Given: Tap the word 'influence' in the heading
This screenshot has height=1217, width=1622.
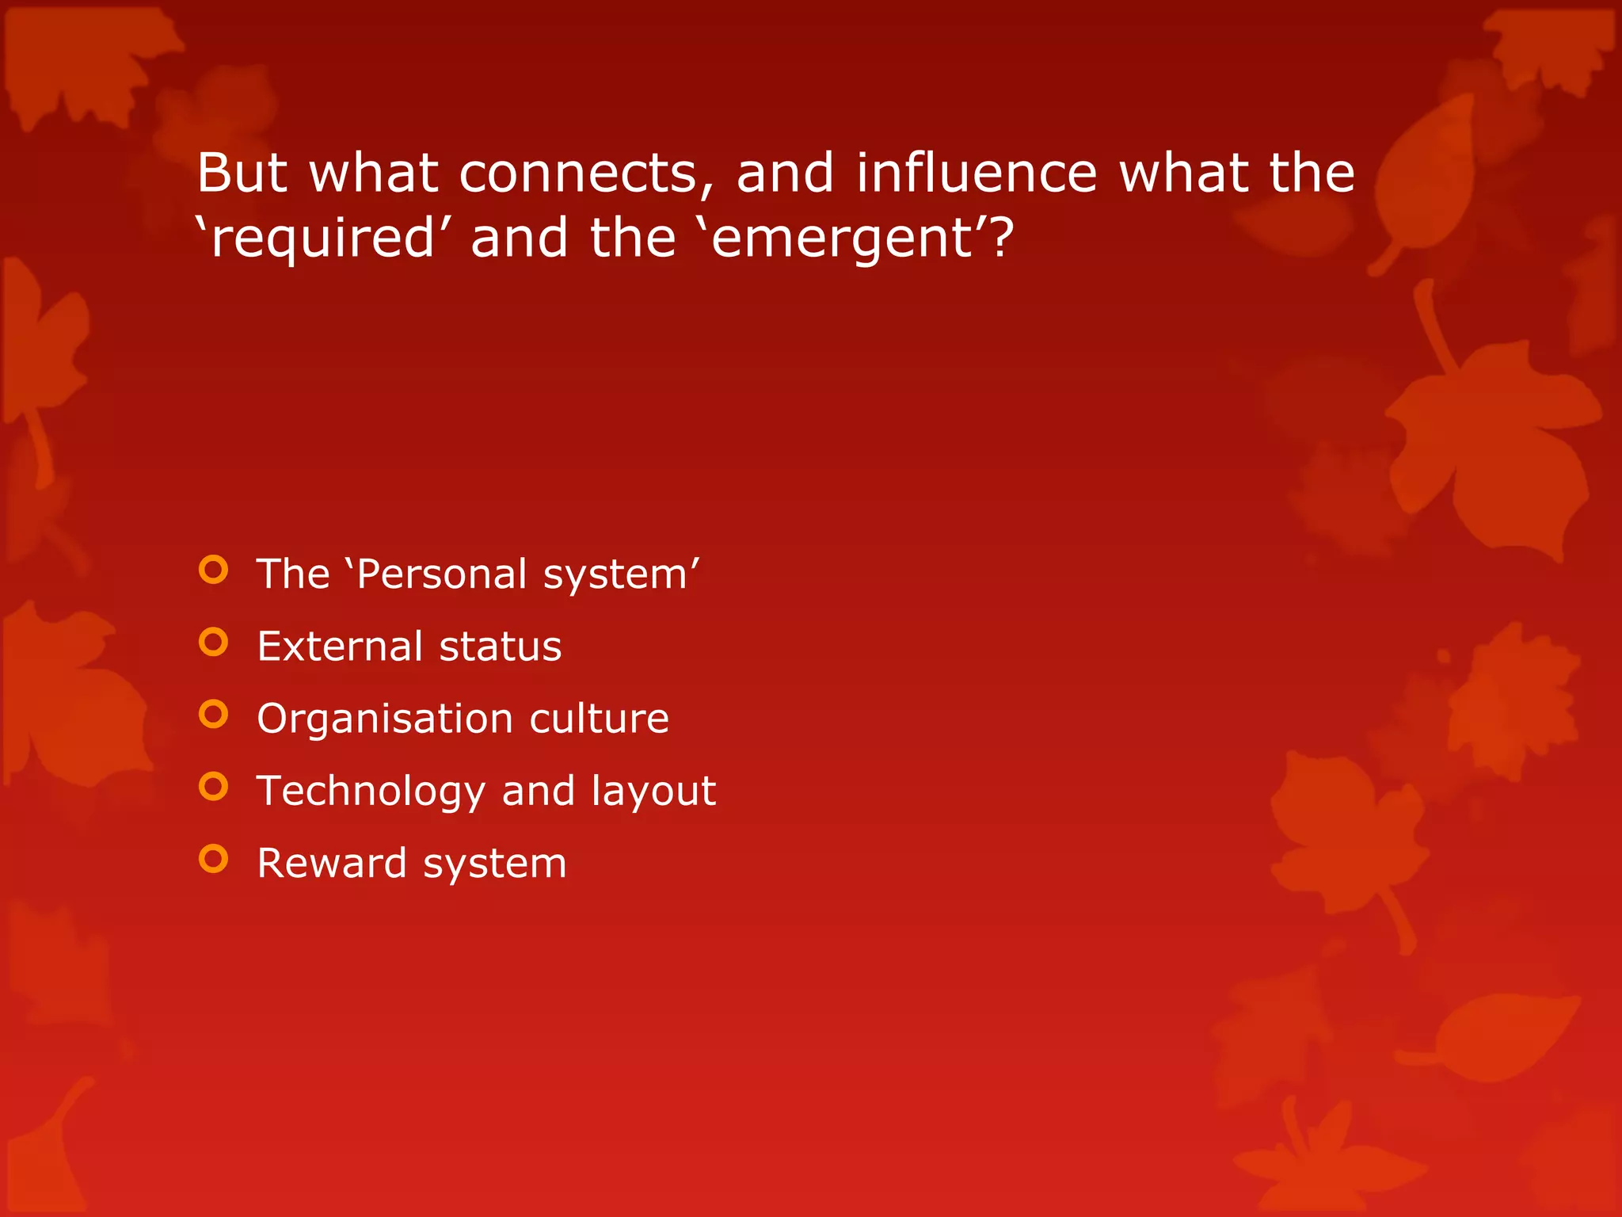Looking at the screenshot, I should point(976,173).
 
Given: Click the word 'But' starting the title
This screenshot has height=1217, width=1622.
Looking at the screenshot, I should point(241,173).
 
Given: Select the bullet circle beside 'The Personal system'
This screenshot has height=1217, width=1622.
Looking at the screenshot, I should point(214,570).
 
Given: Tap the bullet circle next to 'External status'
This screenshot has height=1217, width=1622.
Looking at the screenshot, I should point(214,642).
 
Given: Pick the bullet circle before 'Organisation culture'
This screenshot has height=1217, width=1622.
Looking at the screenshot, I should point(214,714).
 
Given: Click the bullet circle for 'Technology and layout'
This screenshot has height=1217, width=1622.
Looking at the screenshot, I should point(214,786).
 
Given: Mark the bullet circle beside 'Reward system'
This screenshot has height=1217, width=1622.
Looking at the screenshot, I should point(214,858).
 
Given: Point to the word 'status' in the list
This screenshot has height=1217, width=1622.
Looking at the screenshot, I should point(501,646).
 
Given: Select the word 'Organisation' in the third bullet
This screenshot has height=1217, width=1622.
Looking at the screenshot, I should point(385,719).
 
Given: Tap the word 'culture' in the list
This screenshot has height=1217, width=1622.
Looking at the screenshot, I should point(599,719).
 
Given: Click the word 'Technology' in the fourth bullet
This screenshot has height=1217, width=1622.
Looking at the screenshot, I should point(371,792).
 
